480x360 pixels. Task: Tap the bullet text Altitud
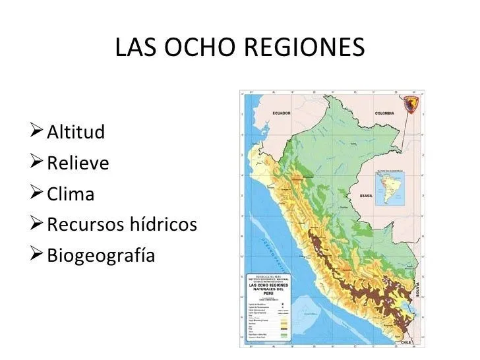click(76, 132)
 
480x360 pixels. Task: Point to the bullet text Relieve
click(78, 163)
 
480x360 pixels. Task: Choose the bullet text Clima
click(71, 195)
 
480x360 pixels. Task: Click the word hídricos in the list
click(164, 225)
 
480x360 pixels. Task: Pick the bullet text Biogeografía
click(101, 256)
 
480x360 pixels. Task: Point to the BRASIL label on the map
click(367, 196)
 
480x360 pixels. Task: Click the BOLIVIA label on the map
click(415, 288)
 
